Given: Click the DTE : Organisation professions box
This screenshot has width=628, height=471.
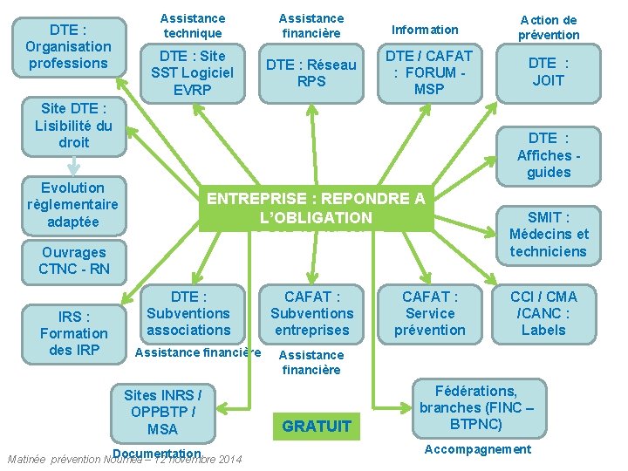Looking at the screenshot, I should coord(68,46).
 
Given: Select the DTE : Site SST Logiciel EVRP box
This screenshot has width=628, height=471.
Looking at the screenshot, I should coord(192,72).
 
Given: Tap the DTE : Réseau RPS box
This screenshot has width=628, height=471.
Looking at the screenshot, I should coord(311,72).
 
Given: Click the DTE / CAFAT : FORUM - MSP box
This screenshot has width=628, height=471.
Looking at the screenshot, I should coord(430,72).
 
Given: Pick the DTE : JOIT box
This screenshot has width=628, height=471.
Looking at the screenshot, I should coord(548,72).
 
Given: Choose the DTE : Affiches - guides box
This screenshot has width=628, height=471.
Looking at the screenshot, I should coord(549,154).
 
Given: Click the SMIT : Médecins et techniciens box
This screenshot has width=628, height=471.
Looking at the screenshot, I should coord(549,235).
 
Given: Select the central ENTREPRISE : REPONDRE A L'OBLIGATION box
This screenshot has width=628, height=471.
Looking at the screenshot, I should coord(316,208).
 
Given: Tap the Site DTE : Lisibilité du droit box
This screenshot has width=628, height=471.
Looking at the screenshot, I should coord(73,125).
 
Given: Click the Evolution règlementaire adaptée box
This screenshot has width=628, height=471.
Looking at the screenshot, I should coord(73,205).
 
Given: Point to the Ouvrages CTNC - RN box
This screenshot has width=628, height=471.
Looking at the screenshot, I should coord(74,261).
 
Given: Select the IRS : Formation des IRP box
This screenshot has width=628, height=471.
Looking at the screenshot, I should coord(74,333).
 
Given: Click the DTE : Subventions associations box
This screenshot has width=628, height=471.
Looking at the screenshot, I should coord(188,313).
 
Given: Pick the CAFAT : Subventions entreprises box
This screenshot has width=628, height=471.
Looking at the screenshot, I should coord(311,313).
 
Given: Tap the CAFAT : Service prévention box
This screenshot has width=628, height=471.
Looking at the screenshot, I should coord(430,313).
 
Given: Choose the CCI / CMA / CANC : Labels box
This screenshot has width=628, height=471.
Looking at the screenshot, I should coord(543,313).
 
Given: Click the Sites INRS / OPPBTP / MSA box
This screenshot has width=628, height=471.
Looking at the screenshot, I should coord(162,411).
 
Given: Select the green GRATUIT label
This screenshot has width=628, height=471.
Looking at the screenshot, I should coord(317,427).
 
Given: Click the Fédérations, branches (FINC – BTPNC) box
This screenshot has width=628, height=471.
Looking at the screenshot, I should coord(476,407).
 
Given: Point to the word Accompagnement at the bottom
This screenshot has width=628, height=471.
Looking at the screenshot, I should coord(477,449).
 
